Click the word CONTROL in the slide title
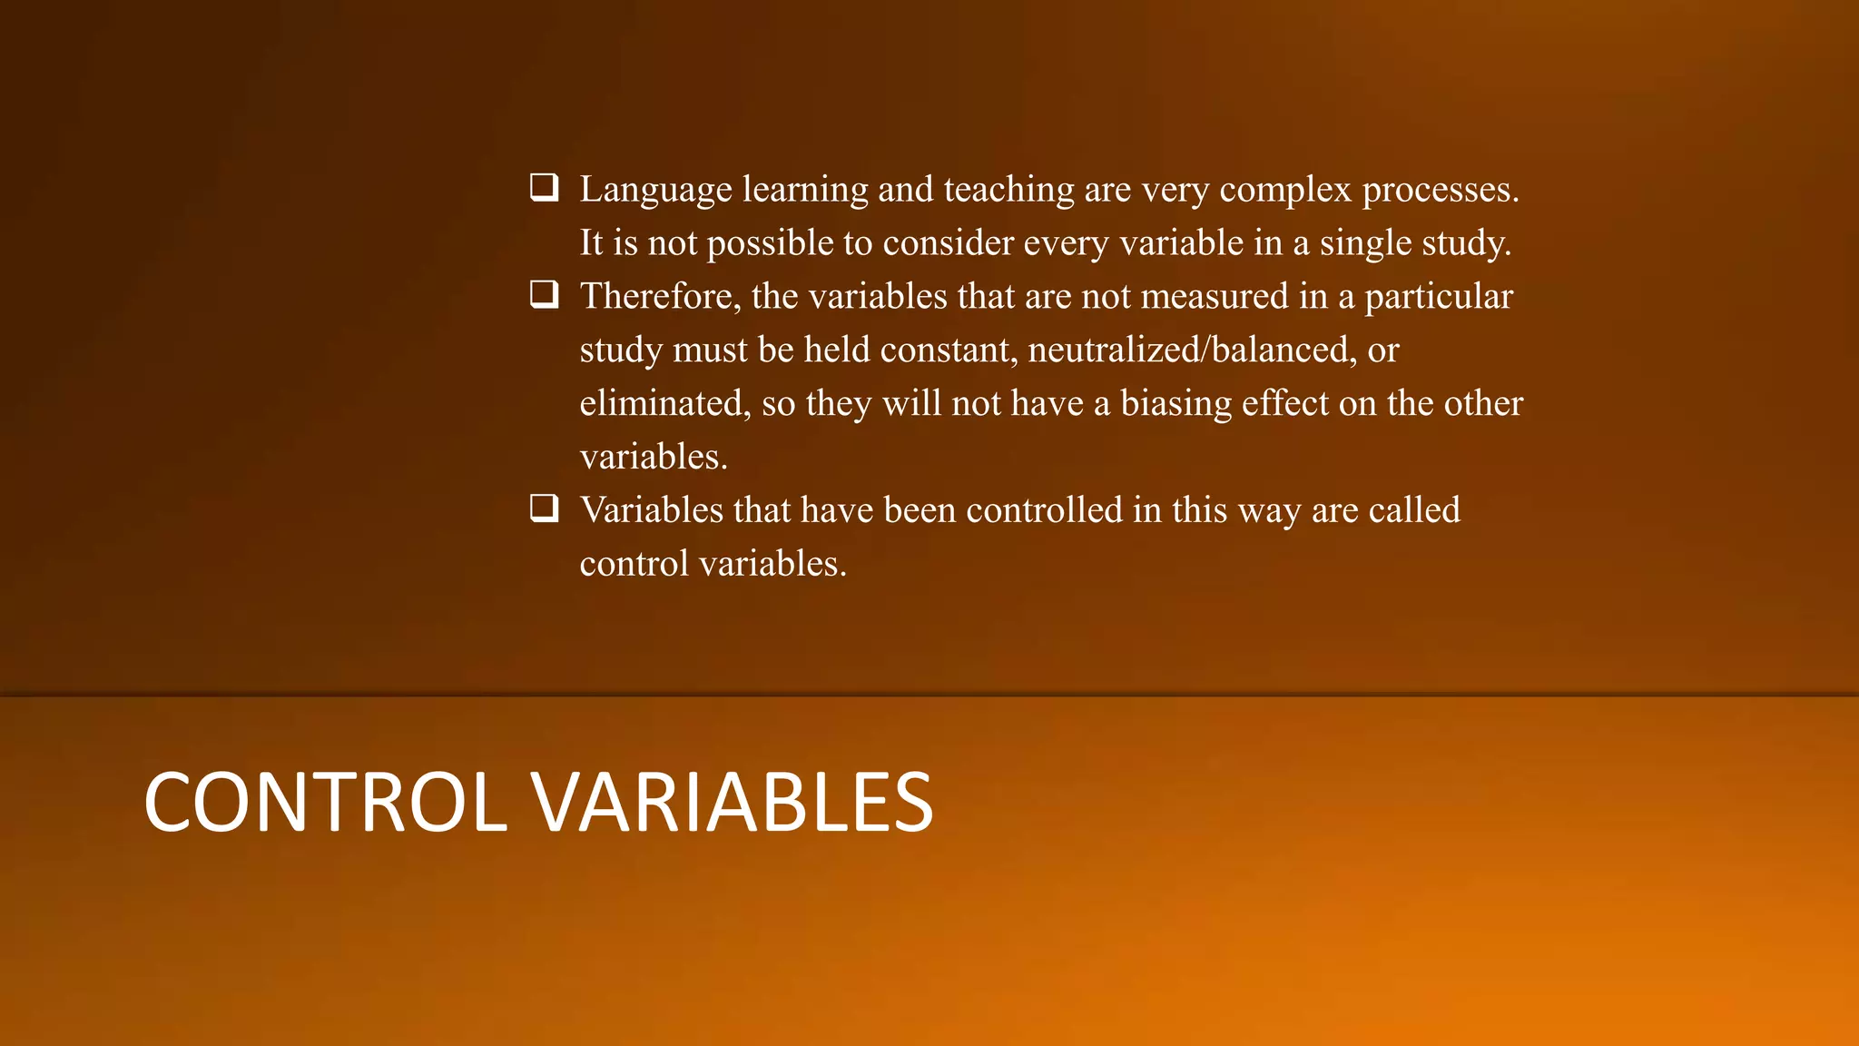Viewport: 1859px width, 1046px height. click(x=325, y=802)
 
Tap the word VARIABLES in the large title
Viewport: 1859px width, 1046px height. click(x=732, y=802)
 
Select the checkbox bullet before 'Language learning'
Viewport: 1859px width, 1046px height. click(x=544, y=188)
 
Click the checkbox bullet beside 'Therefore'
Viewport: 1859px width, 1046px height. click(x=544, y=295)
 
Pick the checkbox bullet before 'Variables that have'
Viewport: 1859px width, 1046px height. click(x=544, y=508)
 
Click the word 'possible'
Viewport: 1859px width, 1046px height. click(x=770, y=243)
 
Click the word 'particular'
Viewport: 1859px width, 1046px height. click(x=1439, y=297)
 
